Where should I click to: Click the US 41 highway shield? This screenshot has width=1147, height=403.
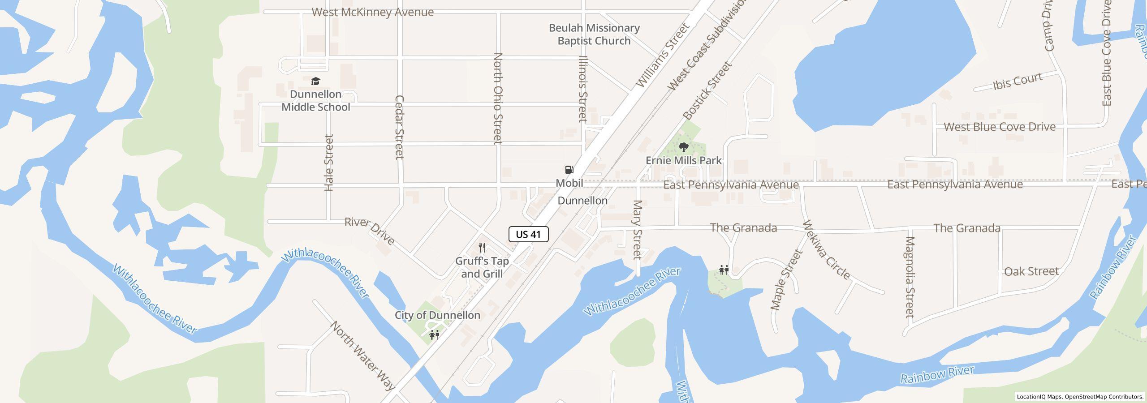pyautogui.click(x=528, y=234)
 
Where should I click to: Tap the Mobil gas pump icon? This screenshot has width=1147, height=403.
pyautogui.click(x=569, y=170)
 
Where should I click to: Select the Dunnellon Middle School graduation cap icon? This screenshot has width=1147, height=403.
pyautogui.click(x=315, y=81)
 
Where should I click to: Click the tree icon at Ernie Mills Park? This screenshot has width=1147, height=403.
pyautogui.click(x=683, y=147)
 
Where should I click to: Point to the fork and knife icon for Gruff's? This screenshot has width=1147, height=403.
pyautogui.click(x=482, y=248)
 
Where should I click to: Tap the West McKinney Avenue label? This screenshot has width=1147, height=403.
pyautogui.click(x=372, y=12)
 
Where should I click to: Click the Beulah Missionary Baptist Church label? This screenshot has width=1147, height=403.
pyautogui.click(x=594, y=34)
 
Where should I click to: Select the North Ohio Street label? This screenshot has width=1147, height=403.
pyautogui.click(x=497, y=99)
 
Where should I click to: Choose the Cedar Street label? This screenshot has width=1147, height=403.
pyautogui.click(x=399, y=127)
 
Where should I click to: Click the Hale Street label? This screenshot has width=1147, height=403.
pyautogui.click(x=329, y=163)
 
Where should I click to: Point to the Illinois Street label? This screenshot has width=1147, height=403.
pyautogui.click(x=582, y=89)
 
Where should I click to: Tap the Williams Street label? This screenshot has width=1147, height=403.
pyautogui.click(x=661, y=56)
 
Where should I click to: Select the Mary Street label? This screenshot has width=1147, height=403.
pyautogui.click(x=637, y=229)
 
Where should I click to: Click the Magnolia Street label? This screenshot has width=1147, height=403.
pyautogui.click(x=910, y=277)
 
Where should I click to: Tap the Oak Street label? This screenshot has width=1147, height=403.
pyautogui.click(x=1031, y=271)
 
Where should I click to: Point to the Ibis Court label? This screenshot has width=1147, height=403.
pyautogui.click(x=1018, y=81)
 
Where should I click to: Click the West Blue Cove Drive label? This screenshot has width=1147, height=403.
pyautogui.click(x=1000, y=127)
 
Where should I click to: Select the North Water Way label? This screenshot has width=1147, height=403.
pyautogui.click(x=363, y=356)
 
